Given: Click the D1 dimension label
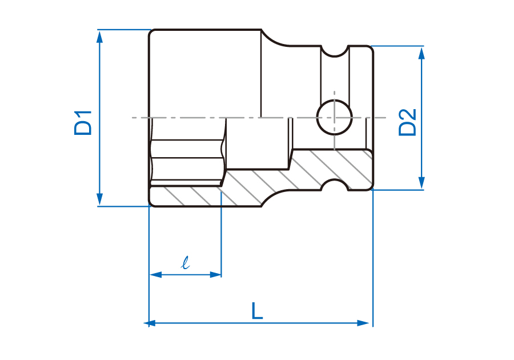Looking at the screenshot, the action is tap(83, 123).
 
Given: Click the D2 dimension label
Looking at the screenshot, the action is tap(407, 122).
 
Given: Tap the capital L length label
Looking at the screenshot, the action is tap(257, 311).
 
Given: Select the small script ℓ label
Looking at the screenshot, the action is tap(186, 263).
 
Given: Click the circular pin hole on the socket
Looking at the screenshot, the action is tap(334, 117).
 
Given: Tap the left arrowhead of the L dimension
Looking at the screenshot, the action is tap(150, 323).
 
